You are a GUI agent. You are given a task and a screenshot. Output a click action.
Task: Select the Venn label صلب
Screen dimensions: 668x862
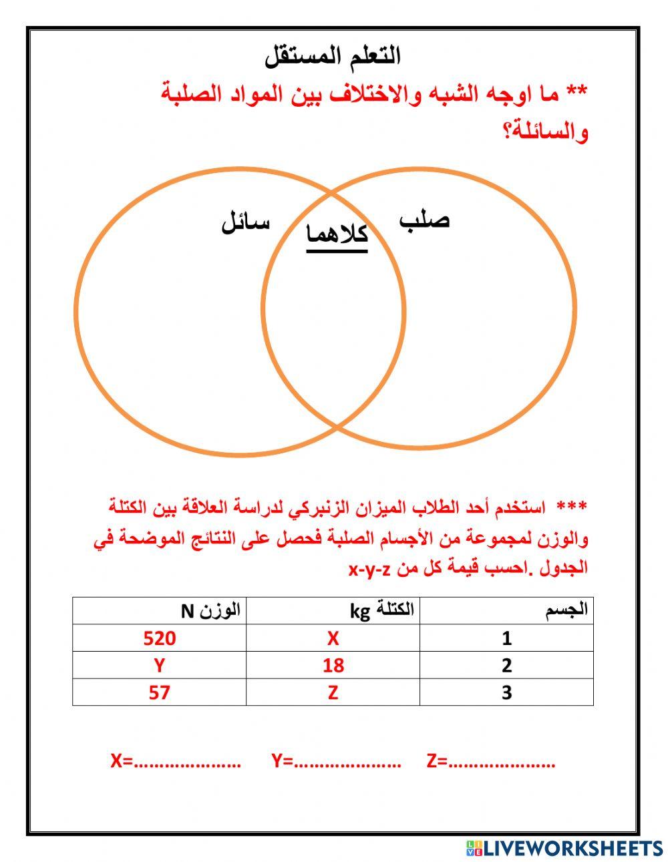click(x=425, y=220)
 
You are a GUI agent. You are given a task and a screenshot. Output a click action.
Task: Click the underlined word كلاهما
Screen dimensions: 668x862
click(x=337, y=235)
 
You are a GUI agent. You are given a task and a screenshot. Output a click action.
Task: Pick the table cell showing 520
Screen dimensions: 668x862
click(x=160, y=638)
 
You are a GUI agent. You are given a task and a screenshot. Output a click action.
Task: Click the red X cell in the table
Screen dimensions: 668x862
click(x=333, y=638)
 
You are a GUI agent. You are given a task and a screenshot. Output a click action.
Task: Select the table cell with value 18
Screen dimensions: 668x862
click(x=333, y=665)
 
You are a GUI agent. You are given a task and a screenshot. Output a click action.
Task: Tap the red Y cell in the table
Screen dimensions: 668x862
click(x=159, y=665)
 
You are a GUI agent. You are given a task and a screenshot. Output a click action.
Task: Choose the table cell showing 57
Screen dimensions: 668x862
click(x=159, y=692)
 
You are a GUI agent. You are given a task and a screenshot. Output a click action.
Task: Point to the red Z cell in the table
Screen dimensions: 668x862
click(x=333, y=692)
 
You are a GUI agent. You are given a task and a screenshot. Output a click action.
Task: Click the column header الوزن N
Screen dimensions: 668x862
click(x=210, y=610)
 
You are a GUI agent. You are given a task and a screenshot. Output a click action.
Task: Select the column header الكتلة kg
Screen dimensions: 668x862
click(x=382, y=610)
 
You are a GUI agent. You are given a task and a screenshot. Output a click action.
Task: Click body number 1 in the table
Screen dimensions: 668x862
click(x=506, y=638)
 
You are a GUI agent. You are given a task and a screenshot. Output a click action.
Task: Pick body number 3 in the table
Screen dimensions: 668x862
click(x=506, y=692)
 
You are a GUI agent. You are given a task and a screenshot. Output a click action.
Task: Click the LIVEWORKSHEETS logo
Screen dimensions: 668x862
click(x=564, y=848)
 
